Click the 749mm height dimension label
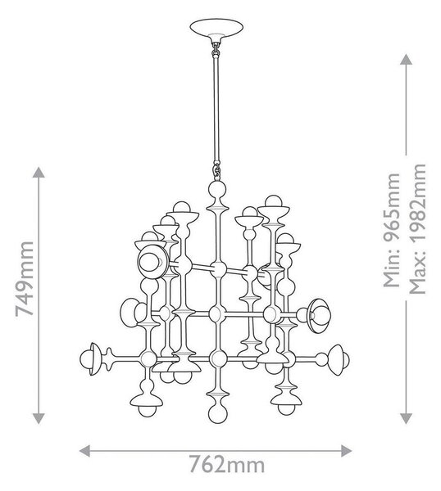pos(25,279)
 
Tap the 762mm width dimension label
pos(227,465)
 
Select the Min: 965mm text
pos(392,230)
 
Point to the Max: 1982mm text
pos(417,228)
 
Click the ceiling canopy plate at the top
pos(216,28)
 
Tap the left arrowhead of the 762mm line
pos(84,451)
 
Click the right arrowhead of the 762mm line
pos(346,451)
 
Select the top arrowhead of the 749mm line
pos(39,172)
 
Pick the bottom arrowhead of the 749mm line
pos(39,418)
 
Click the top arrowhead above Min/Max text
pos(407,59)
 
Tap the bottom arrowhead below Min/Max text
pos(407,418)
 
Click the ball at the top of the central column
pos(217,189)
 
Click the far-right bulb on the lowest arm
pos(344,360)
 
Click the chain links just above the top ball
pos(216,171)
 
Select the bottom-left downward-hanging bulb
pos(147,410)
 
